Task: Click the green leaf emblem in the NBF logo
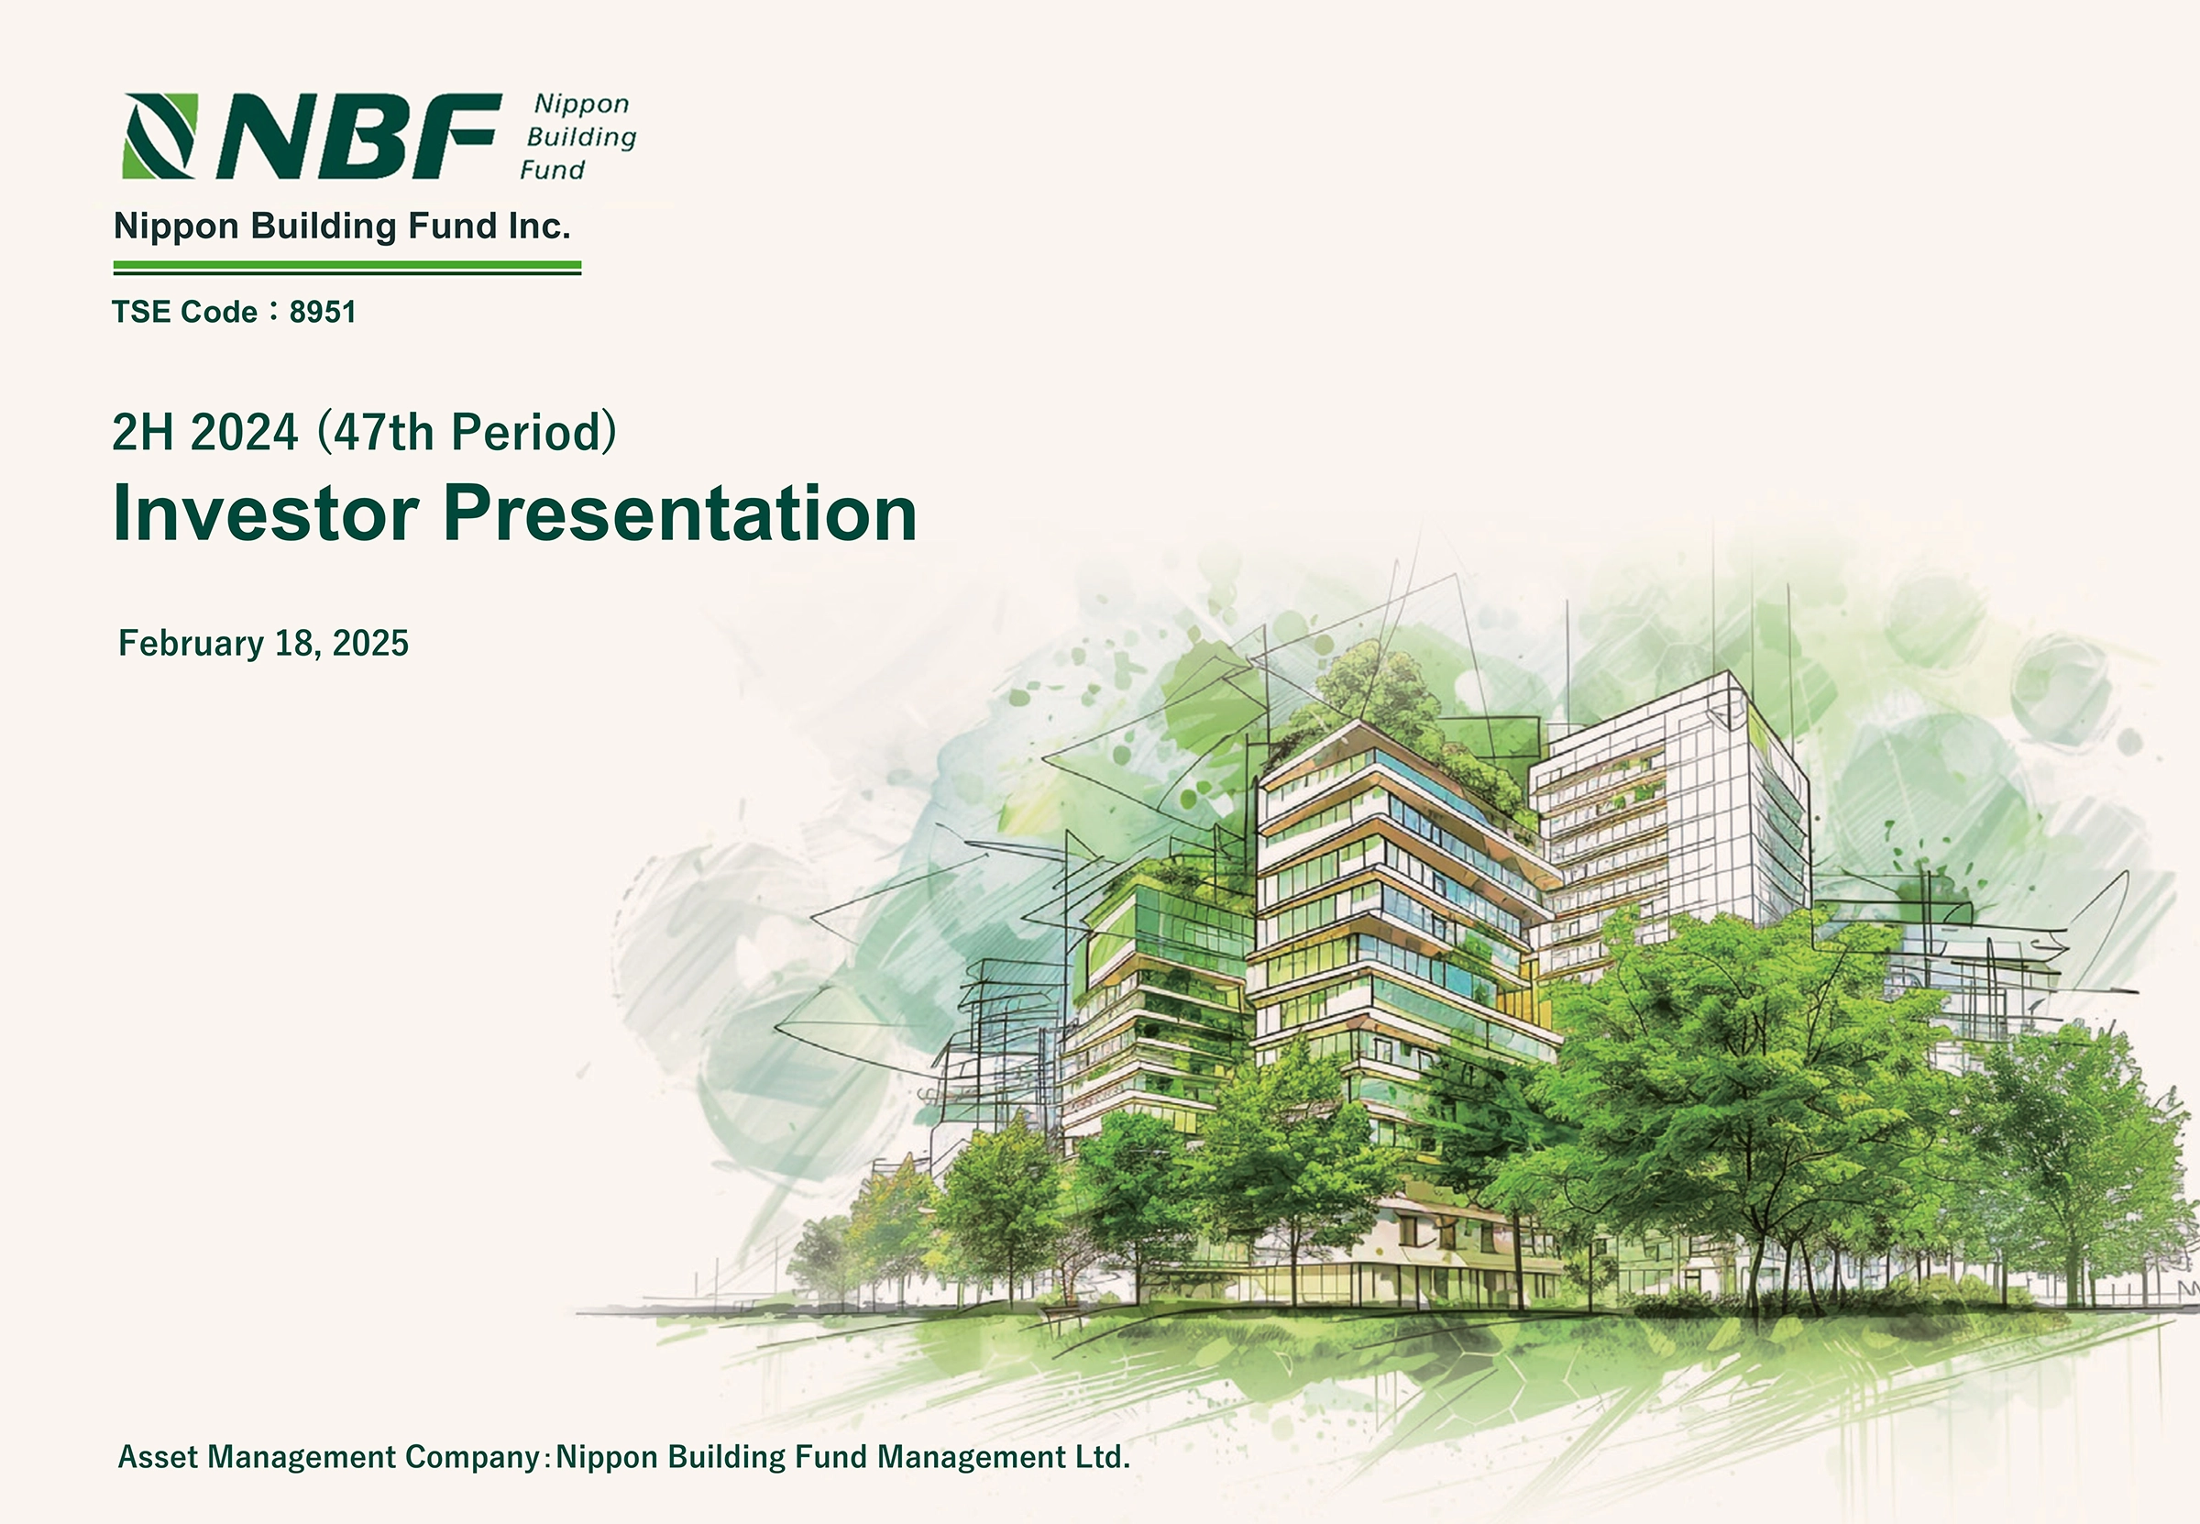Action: (x=160, y=136)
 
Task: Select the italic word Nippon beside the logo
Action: (x=581, y=105)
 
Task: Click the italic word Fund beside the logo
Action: (x=553, y=170)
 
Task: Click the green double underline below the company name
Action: (x=347, y=268)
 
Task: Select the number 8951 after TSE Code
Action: (x=323, y=313)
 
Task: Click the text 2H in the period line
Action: (x=143, y=433)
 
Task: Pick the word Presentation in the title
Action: (x=679, y=513)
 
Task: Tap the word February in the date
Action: (x=191, y=644)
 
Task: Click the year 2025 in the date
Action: (x=370, y=644)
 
